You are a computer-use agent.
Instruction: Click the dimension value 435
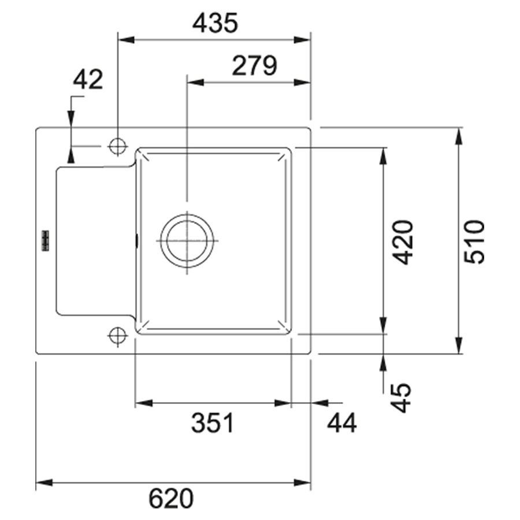(x=216, y=23)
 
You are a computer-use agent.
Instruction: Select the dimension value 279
(x=254, y=65)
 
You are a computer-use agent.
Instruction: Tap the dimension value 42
(x=88, y=80)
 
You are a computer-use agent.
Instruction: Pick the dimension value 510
(x=474, y=242)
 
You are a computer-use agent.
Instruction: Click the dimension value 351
(x=213, y=423)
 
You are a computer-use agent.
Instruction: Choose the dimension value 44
(x=342, y=423)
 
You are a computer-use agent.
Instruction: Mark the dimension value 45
(x=400, y=398)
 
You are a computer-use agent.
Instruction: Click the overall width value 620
(x=171, y=498)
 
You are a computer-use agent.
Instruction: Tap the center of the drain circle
(x=187, y=241)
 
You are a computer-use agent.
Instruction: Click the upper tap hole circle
(x=117, y=146)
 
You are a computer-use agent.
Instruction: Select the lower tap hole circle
(x=117, y=336)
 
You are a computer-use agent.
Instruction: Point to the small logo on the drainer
(x=45, y=240)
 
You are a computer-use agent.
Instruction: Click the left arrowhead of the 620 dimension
(x=44, y=482)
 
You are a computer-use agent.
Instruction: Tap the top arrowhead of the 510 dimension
(x=459, y=136)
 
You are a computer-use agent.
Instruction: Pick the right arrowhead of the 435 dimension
(x=302, y=40)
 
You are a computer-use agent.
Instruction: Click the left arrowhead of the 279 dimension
(x=196, y=82)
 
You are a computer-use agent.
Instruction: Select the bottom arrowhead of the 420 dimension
(x=383, y=325)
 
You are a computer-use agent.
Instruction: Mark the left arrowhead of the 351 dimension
(x=144, y=403)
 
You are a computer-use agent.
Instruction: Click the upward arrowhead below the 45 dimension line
(x=383, y=363)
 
